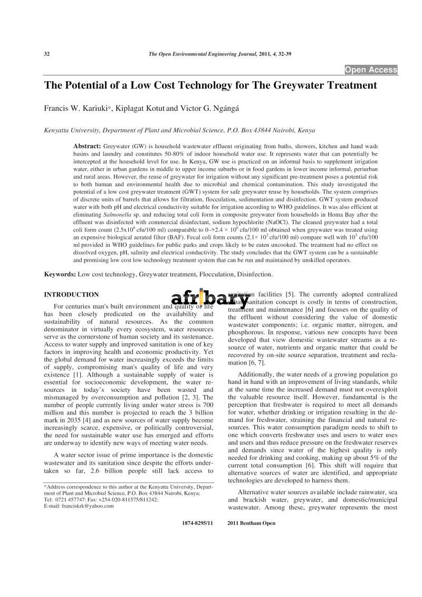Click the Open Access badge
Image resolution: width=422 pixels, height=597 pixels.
371,70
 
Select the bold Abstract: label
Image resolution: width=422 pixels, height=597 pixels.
87,146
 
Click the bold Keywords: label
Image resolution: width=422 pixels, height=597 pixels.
60,274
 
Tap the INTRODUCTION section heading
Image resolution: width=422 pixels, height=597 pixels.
71,294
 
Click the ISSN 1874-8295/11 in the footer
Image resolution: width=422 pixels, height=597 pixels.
197,523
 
